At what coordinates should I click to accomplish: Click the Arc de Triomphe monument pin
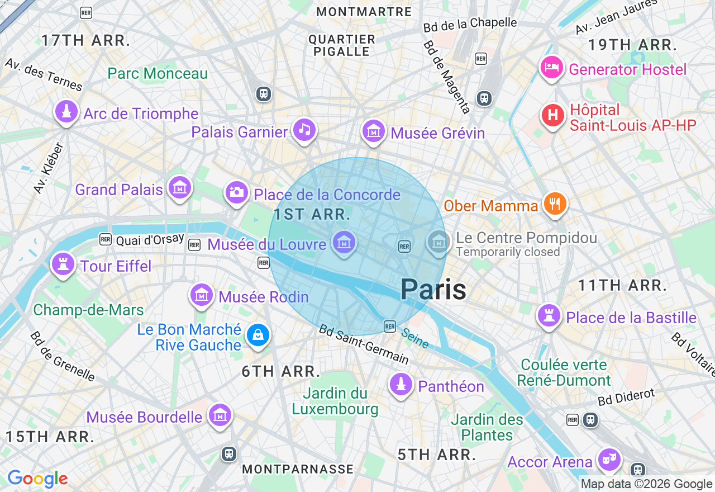(x=66, y=112)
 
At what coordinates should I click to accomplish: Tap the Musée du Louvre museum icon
(x=344, y=243)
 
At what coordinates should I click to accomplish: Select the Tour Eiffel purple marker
(x=63, y=264)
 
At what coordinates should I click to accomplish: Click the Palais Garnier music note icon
(x=304, y=130)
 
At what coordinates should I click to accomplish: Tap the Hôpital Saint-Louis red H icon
(x=553, y=116)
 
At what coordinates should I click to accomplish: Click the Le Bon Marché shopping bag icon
(x=258, y=335)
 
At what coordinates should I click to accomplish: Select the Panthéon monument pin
(x=401, y=385)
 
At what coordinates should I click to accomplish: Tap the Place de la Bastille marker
(x=549, y=316)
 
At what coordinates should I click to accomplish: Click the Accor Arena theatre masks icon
(x=609, y=460)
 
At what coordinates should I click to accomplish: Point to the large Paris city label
(x=433, y=290)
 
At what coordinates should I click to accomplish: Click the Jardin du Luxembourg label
(x=335, y=401)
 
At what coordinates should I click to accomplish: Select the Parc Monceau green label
(x=158, y=73)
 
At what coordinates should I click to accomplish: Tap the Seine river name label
(x=415, y=338)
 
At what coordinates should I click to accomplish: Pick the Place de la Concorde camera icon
(x=236, y=193)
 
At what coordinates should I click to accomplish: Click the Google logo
(x=37, y=479)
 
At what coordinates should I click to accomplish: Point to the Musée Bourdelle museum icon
(x=220, y=415)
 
